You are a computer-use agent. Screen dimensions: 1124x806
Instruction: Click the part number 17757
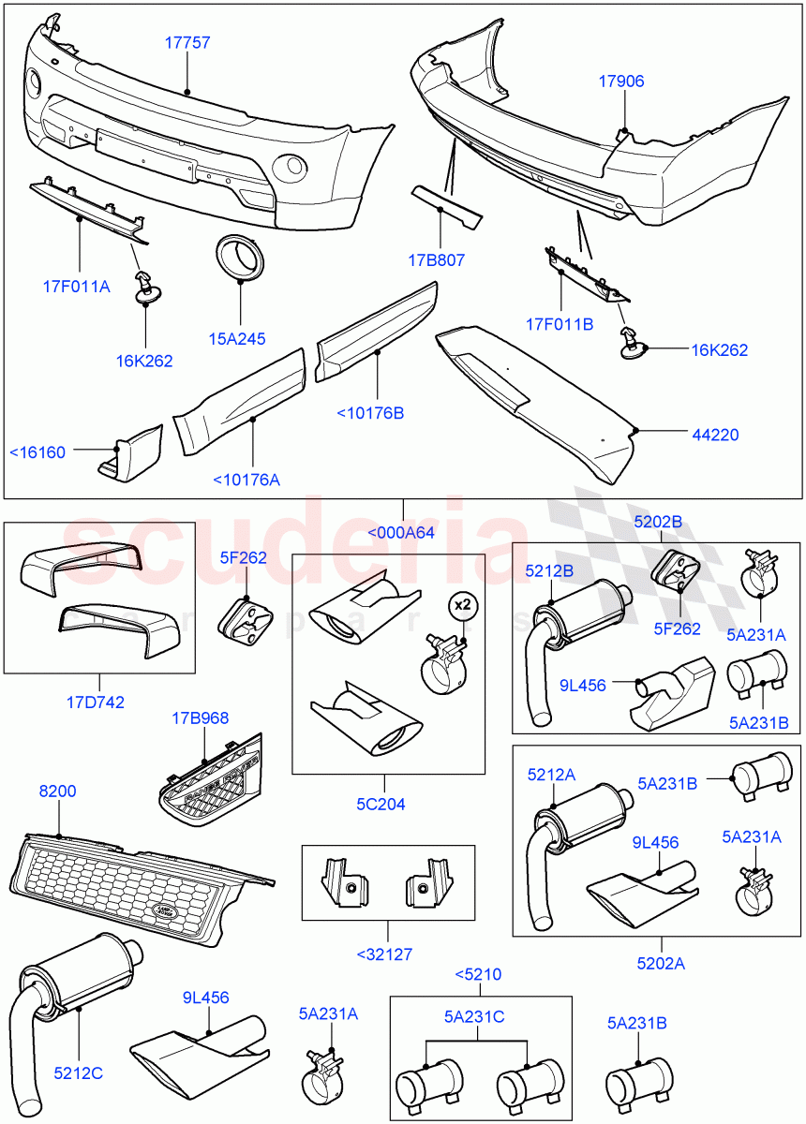click(x=187, y=43)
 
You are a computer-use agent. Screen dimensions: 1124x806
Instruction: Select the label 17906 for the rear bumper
click(x=621, y=81)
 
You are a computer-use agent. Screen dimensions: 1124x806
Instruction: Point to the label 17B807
click(x=438, y=260)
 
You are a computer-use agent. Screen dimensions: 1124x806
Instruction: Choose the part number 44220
click(x=718, y=434)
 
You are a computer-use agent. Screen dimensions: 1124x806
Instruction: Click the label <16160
click(x=37, y=452)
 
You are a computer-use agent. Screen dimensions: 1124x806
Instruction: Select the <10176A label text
click(x=246, y=480)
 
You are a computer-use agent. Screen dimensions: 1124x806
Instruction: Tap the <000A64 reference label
click(x=401, y=533)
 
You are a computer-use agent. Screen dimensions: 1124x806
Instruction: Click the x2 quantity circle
click(x=461, y=604)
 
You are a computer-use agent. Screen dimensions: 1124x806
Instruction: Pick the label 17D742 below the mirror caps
click(x=97, y=701)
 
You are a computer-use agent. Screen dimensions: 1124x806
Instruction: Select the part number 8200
click(x=57, y=791)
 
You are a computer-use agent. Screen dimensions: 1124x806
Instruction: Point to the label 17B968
click(x=200, y=718)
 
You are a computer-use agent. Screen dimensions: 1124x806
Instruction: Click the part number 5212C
click(x=78, y=1073)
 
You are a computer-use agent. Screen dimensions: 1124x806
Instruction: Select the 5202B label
click(x=658, y=522)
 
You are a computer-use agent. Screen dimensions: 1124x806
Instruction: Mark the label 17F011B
click(x=560, y=325)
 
